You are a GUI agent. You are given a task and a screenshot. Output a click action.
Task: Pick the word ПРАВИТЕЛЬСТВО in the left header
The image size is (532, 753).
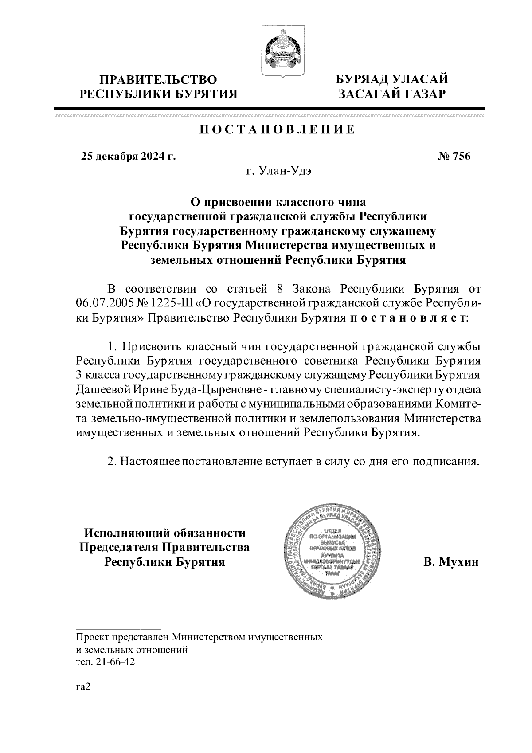158,80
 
